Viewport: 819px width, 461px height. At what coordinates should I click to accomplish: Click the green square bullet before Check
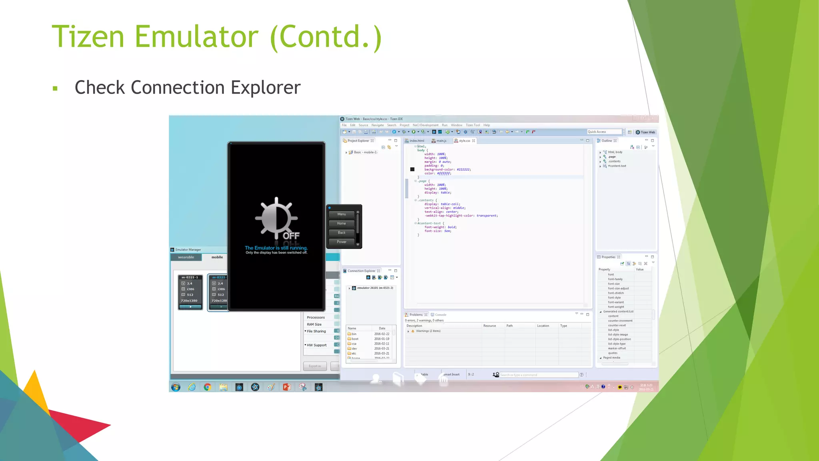click(x=55, y=88)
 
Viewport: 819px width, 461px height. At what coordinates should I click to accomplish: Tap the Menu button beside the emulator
click(x=342, y=214)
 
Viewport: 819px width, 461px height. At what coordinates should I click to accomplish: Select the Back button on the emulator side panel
click(x=342, y=233)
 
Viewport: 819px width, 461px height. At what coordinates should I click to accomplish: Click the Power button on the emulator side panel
click(x=342, y=242)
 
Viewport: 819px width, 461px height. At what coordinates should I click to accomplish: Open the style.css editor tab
click(x=464, y=141)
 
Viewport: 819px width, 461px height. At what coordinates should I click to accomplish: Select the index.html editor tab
click(x=416, y=141)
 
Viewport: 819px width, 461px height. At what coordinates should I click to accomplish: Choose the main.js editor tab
click(x=441, y=141)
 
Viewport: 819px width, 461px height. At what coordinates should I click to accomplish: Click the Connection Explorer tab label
click(x=362, y=271)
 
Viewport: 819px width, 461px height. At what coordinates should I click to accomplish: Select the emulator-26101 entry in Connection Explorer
click(x=375, y=288)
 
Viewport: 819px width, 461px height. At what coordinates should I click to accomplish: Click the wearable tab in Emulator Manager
click(x=186, y=257)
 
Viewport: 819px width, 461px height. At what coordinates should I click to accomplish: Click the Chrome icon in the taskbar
click(x=208, y=387)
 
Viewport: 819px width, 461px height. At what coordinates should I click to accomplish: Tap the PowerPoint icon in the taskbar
click(x=287, y=387)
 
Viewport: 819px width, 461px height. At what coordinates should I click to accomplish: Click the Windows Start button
click(x=176, y=387)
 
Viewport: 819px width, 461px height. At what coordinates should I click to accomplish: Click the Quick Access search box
click(x=604, y=132)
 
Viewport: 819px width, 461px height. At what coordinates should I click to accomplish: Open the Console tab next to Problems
click(x=440, y=315)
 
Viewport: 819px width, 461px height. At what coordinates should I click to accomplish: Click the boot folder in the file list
click(x=355, y=339)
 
